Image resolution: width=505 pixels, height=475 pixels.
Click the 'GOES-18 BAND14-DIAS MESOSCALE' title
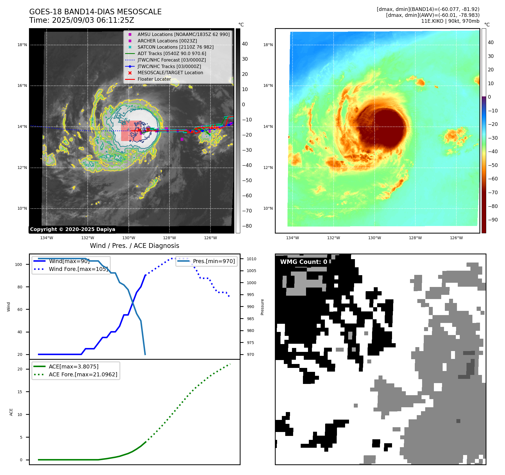95,12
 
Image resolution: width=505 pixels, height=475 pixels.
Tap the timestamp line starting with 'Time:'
81,21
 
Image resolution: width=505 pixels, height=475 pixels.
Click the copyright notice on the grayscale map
73,229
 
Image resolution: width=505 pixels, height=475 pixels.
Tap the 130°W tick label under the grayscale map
129,238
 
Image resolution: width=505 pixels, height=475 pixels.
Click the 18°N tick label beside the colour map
268,45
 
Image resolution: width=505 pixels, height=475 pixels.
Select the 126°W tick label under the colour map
456,238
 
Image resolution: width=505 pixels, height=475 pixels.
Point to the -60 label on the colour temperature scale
493,179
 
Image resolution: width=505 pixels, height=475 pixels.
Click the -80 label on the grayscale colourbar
247,226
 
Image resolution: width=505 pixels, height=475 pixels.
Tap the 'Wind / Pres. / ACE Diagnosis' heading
134,246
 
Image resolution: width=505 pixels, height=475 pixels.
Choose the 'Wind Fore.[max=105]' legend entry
78,269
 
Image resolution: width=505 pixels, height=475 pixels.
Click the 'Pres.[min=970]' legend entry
214,261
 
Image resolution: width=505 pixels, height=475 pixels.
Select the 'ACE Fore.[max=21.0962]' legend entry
83,374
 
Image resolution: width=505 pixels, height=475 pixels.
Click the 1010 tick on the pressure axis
251,259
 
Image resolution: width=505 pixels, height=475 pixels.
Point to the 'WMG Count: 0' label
304,262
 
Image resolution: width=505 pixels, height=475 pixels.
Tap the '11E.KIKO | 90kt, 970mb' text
450,21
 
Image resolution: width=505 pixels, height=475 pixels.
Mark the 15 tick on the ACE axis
20,392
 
